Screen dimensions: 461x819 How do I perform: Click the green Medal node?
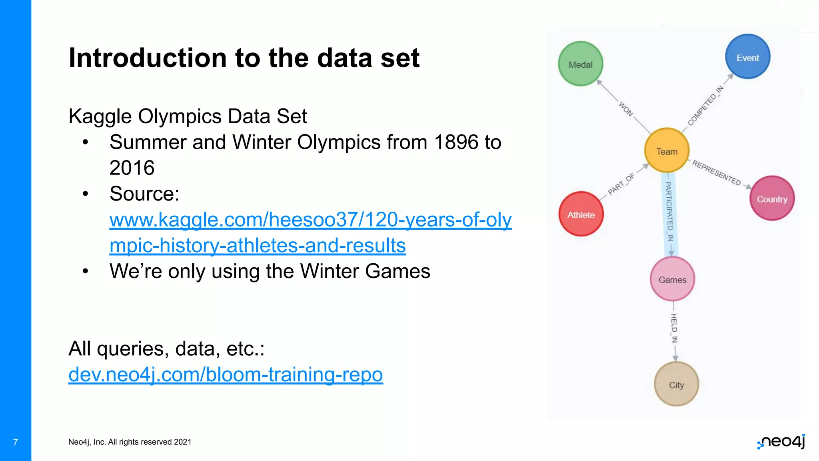click(x=580, y=64)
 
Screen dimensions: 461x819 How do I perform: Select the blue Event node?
click(x=747, y=57)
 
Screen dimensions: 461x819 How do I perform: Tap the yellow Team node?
click(x=667, y=151)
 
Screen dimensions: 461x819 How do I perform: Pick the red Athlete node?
click(x=581, y=214)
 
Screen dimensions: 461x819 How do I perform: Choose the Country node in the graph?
click(x=772, y=198)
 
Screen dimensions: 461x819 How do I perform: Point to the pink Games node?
click(x=672, y=279)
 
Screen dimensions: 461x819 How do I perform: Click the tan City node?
click(x=676, y=384)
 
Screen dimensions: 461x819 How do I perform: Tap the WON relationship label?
click(x=626, y=109)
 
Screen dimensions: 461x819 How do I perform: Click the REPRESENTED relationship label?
click(x=717, y=172)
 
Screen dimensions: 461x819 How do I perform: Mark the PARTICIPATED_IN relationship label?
click(x=669, y=211)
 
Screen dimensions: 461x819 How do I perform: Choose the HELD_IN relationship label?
click(x=674, y=328)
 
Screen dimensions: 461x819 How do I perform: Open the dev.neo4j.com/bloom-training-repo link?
click(x=226, y=375)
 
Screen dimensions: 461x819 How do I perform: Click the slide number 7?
click(x=15, y=442)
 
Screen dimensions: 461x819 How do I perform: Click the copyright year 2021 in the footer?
click(x=183, y=442)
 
